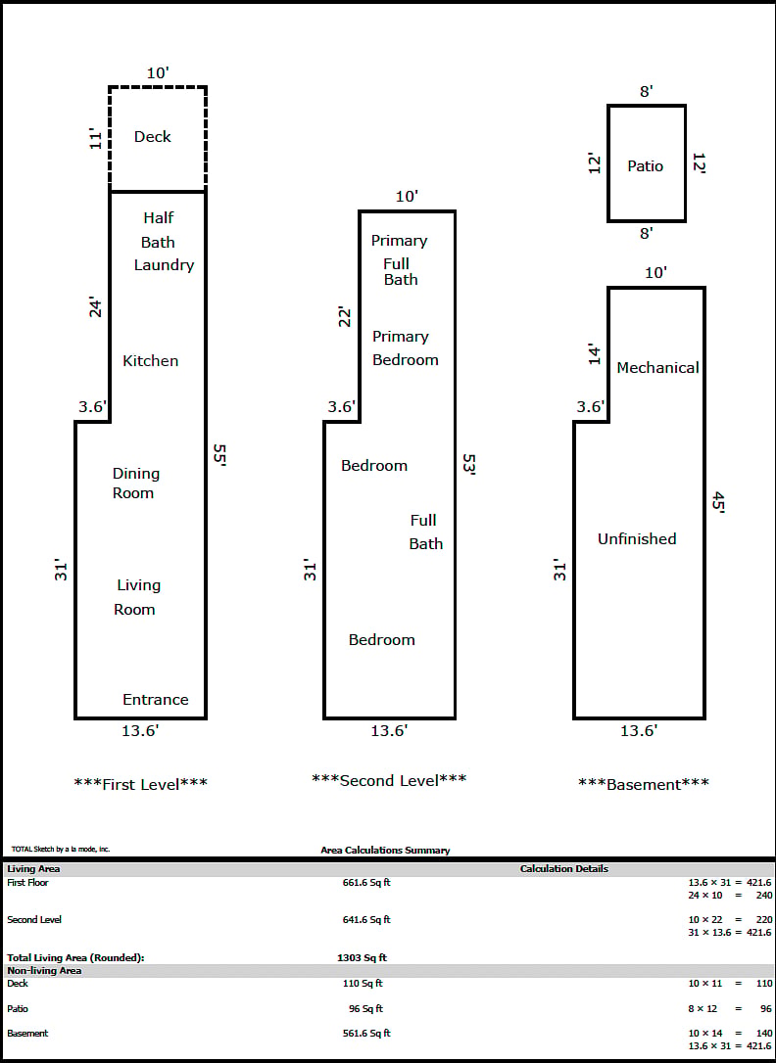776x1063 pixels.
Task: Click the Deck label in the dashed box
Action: click(153, 136)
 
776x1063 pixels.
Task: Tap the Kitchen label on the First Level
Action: click(151, 360)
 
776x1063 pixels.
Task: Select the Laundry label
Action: click(165, 265)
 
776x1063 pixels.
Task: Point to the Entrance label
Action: click(156, 700)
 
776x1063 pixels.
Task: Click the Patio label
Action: click(645, 166)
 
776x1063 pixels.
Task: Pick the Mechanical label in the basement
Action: click(658, 367)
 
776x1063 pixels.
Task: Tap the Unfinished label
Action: click(637, 539)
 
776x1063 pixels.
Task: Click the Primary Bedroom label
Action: click(405, 347)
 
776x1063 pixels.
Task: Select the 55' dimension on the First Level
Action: click(218, 455)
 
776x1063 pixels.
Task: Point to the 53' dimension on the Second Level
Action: click(468, 465)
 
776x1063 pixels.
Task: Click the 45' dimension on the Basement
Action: click(717, 504)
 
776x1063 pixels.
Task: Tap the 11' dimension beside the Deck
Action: click(96, 138)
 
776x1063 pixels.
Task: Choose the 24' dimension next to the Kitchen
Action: click(96, 307)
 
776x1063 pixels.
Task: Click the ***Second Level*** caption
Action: click(389, 780)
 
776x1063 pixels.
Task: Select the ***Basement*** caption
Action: click(644, 784)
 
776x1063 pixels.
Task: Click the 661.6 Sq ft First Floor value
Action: click(366, 883)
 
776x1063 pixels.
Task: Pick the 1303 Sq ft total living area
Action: click(362, 958)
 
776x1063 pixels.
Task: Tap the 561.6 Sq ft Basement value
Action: click(366, 1034)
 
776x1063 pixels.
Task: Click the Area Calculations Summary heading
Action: click(385, 851)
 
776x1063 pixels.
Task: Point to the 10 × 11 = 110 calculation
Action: click(730, 983)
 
